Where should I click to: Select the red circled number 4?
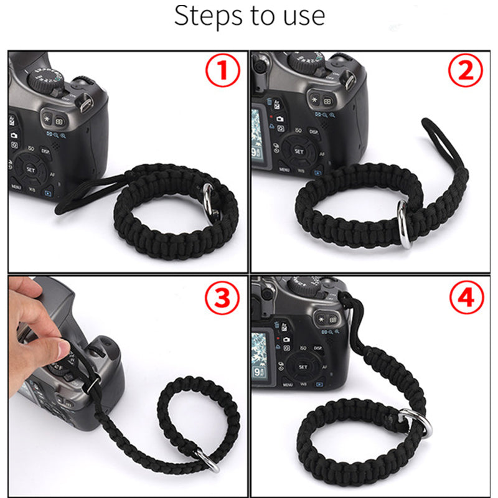[x=466, y=299]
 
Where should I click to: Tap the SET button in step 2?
[x=299, y=151]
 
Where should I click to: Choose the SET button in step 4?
[x=303, y=367]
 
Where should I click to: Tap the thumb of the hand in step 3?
[x=59, y=349]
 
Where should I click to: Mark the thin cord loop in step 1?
[x=87, y=196]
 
